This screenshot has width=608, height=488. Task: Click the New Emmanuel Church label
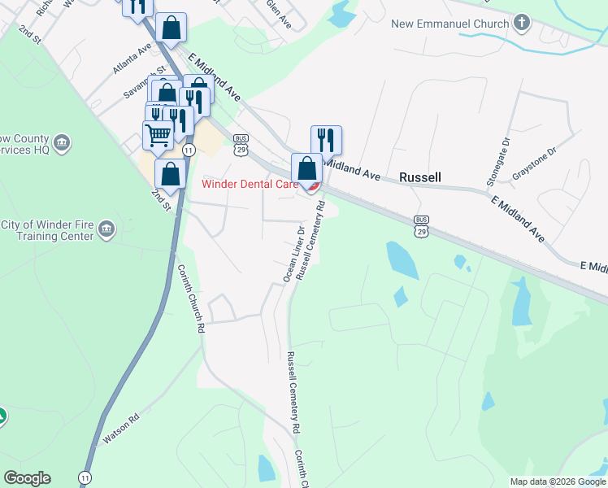pos(449,24)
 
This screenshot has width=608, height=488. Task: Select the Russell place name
pos(420,176)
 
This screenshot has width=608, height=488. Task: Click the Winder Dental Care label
pos(250,184)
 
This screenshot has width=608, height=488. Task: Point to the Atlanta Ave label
pos(133,59)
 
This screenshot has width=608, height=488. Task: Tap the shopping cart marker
pos(158,134)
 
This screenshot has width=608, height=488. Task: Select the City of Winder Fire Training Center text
pos(48,231)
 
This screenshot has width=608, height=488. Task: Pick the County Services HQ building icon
pos(63,144)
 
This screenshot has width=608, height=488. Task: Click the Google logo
pos(27,478)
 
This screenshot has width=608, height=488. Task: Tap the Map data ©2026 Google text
pos(558,481)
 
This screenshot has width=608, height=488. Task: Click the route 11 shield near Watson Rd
pos(85,477)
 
